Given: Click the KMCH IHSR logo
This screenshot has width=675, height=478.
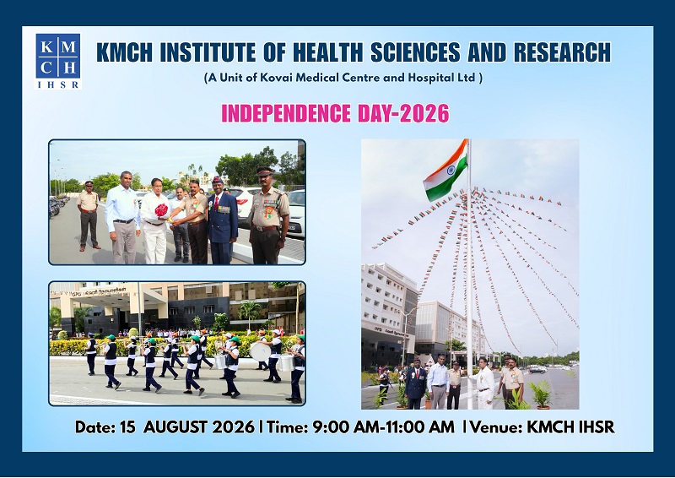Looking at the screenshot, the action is (x=58, y=61).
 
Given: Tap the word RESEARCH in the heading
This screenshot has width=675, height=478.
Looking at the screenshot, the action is (x=562, y=52).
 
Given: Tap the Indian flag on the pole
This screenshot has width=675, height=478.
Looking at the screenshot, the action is (x=445, y=171).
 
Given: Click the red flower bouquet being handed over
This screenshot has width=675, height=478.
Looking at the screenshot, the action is (x=161, y=210).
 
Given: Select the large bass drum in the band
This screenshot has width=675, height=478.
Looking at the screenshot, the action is (x=260, y=351).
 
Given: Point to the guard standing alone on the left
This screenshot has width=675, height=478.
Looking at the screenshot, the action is (x=89, y=215).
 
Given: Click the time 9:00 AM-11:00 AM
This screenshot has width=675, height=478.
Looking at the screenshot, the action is (x=383, y=427).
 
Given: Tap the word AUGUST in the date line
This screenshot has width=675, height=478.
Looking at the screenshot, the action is (x=199, y=427).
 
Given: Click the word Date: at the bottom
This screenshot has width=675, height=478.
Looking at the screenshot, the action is (x=95, y=427).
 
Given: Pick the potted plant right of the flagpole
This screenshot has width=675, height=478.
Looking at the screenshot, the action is (x=541, y=394).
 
